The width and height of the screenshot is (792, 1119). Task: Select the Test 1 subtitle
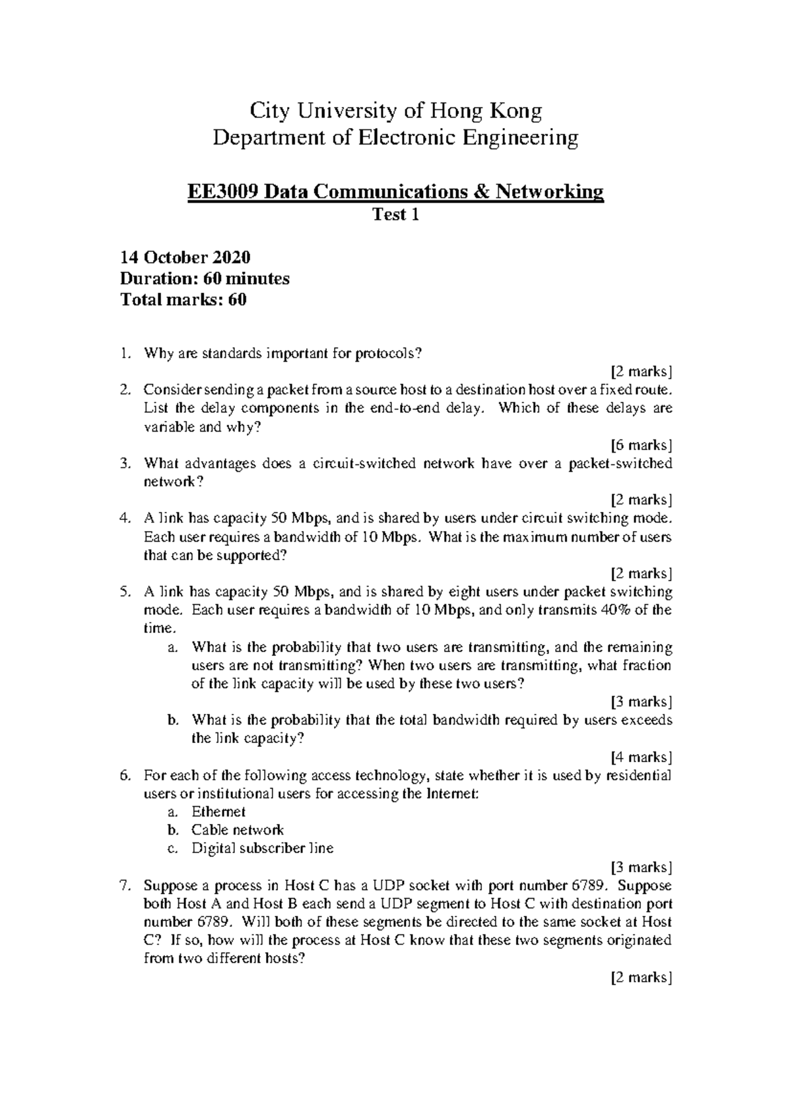point(395,214)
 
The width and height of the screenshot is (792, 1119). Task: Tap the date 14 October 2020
point(185,257)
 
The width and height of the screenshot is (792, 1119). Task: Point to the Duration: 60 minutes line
point(205,278)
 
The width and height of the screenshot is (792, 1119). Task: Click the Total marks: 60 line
point(183,300)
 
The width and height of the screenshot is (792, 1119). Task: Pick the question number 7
point(125,885)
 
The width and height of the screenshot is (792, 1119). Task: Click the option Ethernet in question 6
point(218,812)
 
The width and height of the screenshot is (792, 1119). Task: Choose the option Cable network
point(238,830)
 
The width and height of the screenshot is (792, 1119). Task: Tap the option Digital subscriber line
point(263,848)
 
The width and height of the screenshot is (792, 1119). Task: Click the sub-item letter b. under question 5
point(173,720)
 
